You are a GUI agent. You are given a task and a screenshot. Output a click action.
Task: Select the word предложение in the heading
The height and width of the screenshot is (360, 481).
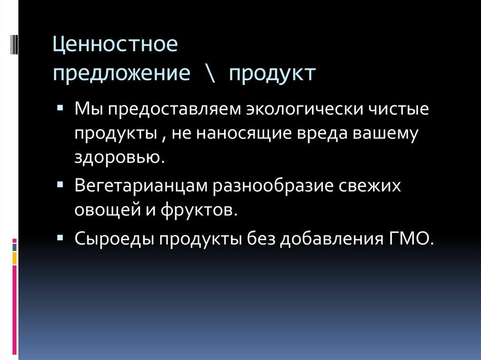coord(122,74)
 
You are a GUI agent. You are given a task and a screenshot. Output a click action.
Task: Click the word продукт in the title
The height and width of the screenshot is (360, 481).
coord(272,74)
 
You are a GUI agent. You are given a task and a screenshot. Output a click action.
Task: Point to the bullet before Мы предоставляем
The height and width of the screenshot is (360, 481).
coord(60,107)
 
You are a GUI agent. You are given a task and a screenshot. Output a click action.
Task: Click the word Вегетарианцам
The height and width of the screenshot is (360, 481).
coord(141,186)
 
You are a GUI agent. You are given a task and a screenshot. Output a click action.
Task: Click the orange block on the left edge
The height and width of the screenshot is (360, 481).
coord(15,258)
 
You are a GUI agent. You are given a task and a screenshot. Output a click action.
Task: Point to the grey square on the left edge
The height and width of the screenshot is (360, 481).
coord(15,246)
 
